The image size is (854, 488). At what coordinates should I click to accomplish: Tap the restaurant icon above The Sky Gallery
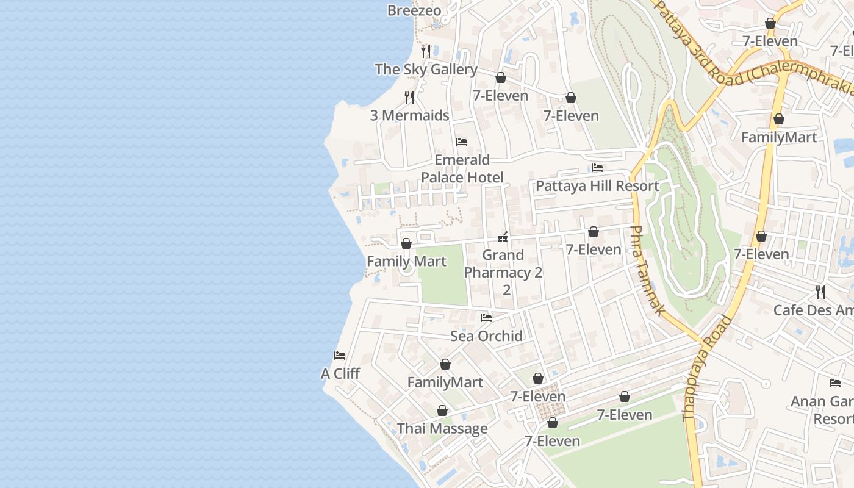(426, 51)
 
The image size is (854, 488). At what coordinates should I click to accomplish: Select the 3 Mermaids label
(409, 115)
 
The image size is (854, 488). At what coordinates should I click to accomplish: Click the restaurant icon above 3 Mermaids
(409, 97)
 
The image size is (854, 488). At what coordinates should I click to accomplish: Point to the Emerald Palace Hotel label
(462, 168)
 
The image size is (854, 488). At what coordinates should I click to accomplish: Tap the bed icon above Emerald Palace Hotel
(462, 142)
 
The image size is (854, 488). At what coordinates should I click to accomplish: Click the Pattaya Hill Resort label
(597, 186)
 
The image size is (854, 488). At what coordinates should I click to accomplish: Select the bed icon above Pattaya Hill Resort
(597, 168)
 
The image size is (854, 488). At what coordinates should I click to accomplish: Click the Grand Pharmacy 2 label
(503, 264)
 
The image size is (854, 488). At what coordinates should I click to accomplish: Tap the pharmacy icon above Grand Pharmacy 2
(503, 237)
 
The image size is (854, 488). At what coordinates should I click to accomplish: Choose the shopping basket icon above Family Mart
(406, 243)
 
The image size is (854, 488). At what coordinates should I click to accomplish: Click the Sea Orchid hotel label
(486, 335)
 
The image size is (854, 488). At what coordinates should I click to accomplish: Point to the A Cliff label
(340, 373)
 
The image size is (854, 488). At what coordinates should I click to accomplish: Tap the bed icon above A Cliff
(340, 356)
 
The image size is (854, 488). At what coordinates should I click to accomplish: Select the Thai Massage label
(442, 428)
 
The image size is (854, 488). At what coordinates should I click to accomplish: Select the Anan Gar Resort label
(823, 410)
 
